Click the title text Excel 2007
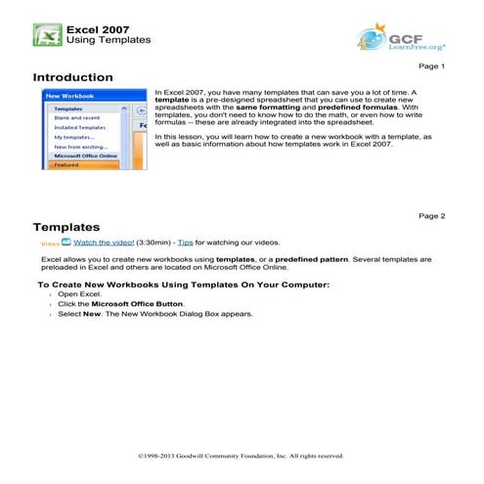[98, 27]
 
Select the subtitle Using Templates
[108, 40]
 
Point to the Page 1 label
[431, 66]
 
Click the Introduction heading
[72, 77]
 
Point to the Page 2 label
[431, 215]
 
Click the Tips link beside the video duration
[186, 241]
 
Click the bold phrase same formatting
[284, 107]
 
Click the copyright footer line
[242, 456]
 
